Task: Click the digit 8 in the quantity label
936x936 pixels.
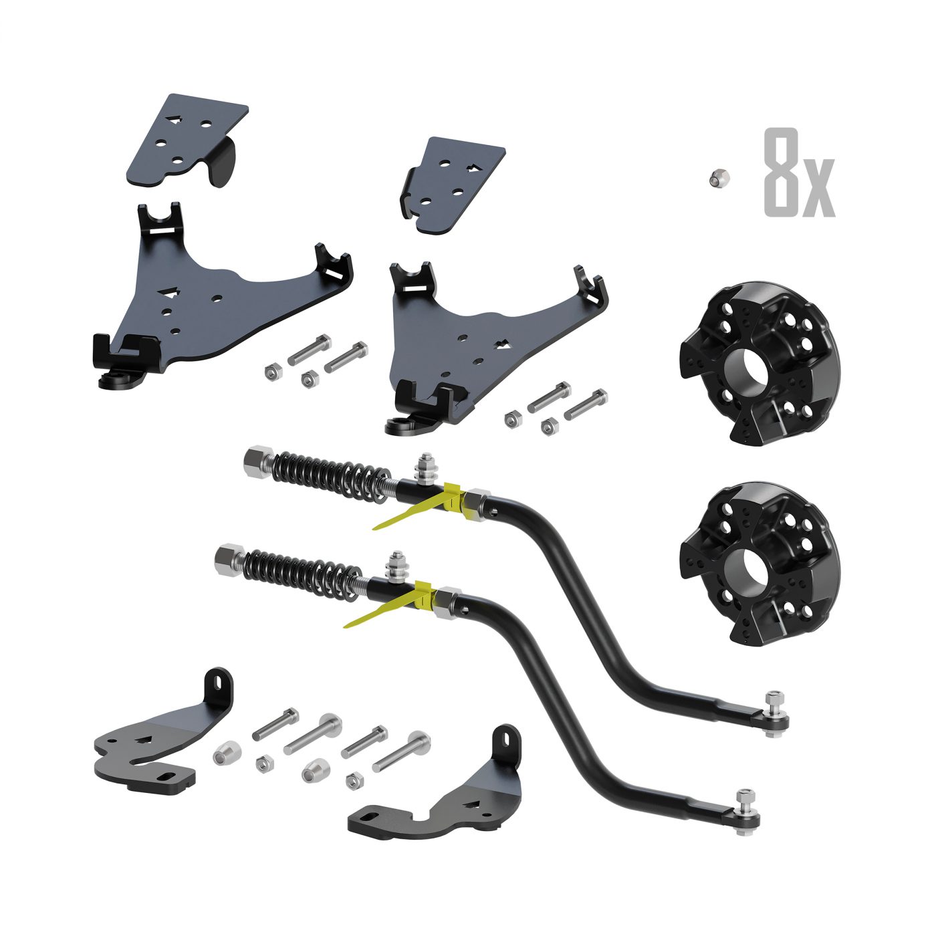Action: [x=782, y=172]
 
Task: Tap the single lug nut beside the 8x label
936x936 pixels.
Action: [x=716, y=179]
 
